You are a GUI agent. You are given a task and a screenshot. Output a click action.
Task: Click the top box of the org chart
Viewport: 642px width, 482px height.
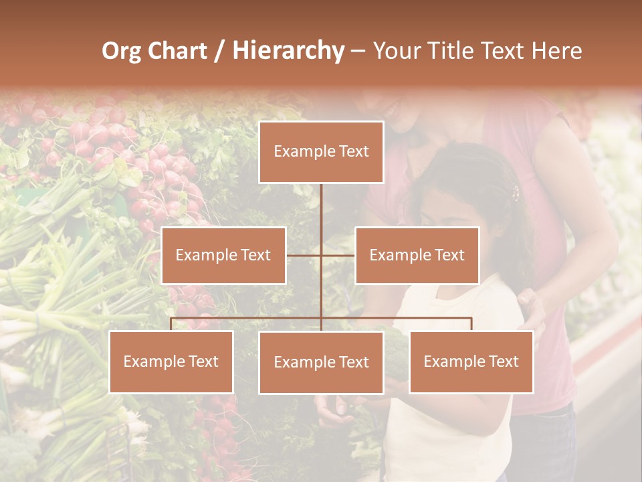(x=321, y=152)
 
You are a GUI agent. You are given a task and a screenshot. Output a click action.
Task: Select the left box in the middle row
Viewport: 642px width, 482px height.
(x=223, y=255)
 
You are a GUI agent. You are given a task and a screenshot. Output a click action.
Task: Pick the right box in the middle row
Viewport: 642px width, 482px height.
(x=417, y=255)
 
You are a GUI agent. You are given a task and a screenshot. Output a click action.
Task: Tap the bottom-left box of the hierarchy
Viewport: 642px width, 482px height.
(x=171, y=361)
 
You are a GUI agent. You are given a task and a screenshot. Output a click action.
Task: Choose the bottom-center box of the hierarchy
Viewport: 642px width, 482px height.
(x=321, y=362)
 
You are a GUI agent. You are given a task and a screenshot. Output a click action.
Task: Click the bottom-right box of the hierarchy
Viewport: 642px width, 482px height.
(x=471, y=361)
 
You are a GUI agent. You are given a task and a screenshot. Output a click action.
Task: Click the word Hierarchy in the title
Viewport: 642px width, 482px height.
(x=288, y=52)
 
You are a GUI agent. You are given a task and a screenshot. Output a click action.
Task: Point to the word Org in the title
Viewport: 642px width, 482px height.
(x=121, y=52)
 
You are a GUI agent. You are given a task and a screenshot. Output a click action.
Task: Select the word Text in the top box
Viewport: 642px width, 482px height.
(x=353, y=152)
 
